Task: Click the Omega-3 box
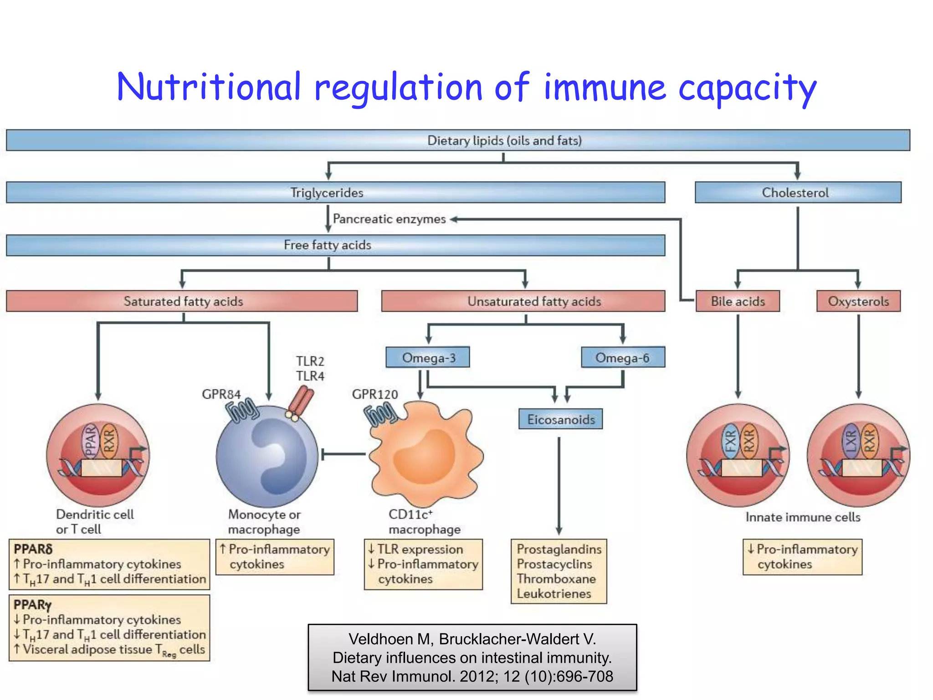pyautogui.click(x=428, y=358)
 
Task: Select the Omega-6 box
pyautogui.click(x=623, y=358)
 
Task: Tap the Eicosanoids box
pyautogui.click(x=560, y=419)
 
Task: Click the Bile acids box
pyautogui.click(x=738, y=301)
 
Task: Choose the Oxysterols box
pyautogui.click(x=858, y=301)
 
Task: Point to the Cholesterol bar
pyautogui.click(x=798, y=193)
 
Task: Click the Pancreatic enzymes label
pyautogui.click(x=389, y=219)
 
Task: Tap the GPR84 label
pyautogui.click(x=221, y=394)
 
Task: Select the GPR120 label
pyautogui.click(x=375, y=394)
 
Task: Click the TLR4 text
pyautogui.click(x=310, y=376)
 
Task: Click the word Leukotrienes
pyautogui.click(x=554, y=594)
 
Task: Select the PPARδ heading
pyautogui.click(x=33, y=549)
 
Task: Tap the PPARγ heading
pyautogui.click(x=32, y=605)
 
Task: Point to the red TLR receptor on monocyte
pyautogui.click(x=301, y=401)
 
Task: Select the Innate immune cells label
pyautogui.click(x=803, y=517)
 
